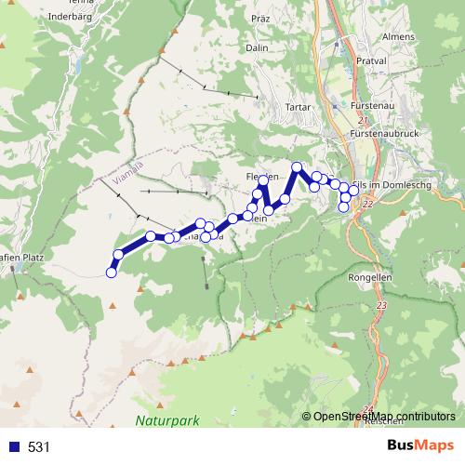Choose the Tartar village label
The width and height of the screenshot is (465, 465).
point(272,106)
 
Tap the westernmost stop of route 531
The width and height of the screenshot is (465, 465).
point(112,272)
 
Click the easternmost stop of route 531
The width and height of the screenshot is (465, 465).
point(353,191)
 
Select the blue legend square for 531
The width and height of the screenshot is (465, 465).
point(11,447)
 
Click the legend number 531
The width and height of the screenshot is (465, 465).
point(39,447)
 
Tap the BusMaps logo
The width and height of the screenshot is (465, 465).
point(420,445)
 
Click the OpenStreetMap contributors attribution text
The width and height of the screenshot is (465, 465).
point(383,416)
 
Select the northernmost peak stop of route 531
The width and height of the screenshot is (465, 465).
point(297,167)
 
